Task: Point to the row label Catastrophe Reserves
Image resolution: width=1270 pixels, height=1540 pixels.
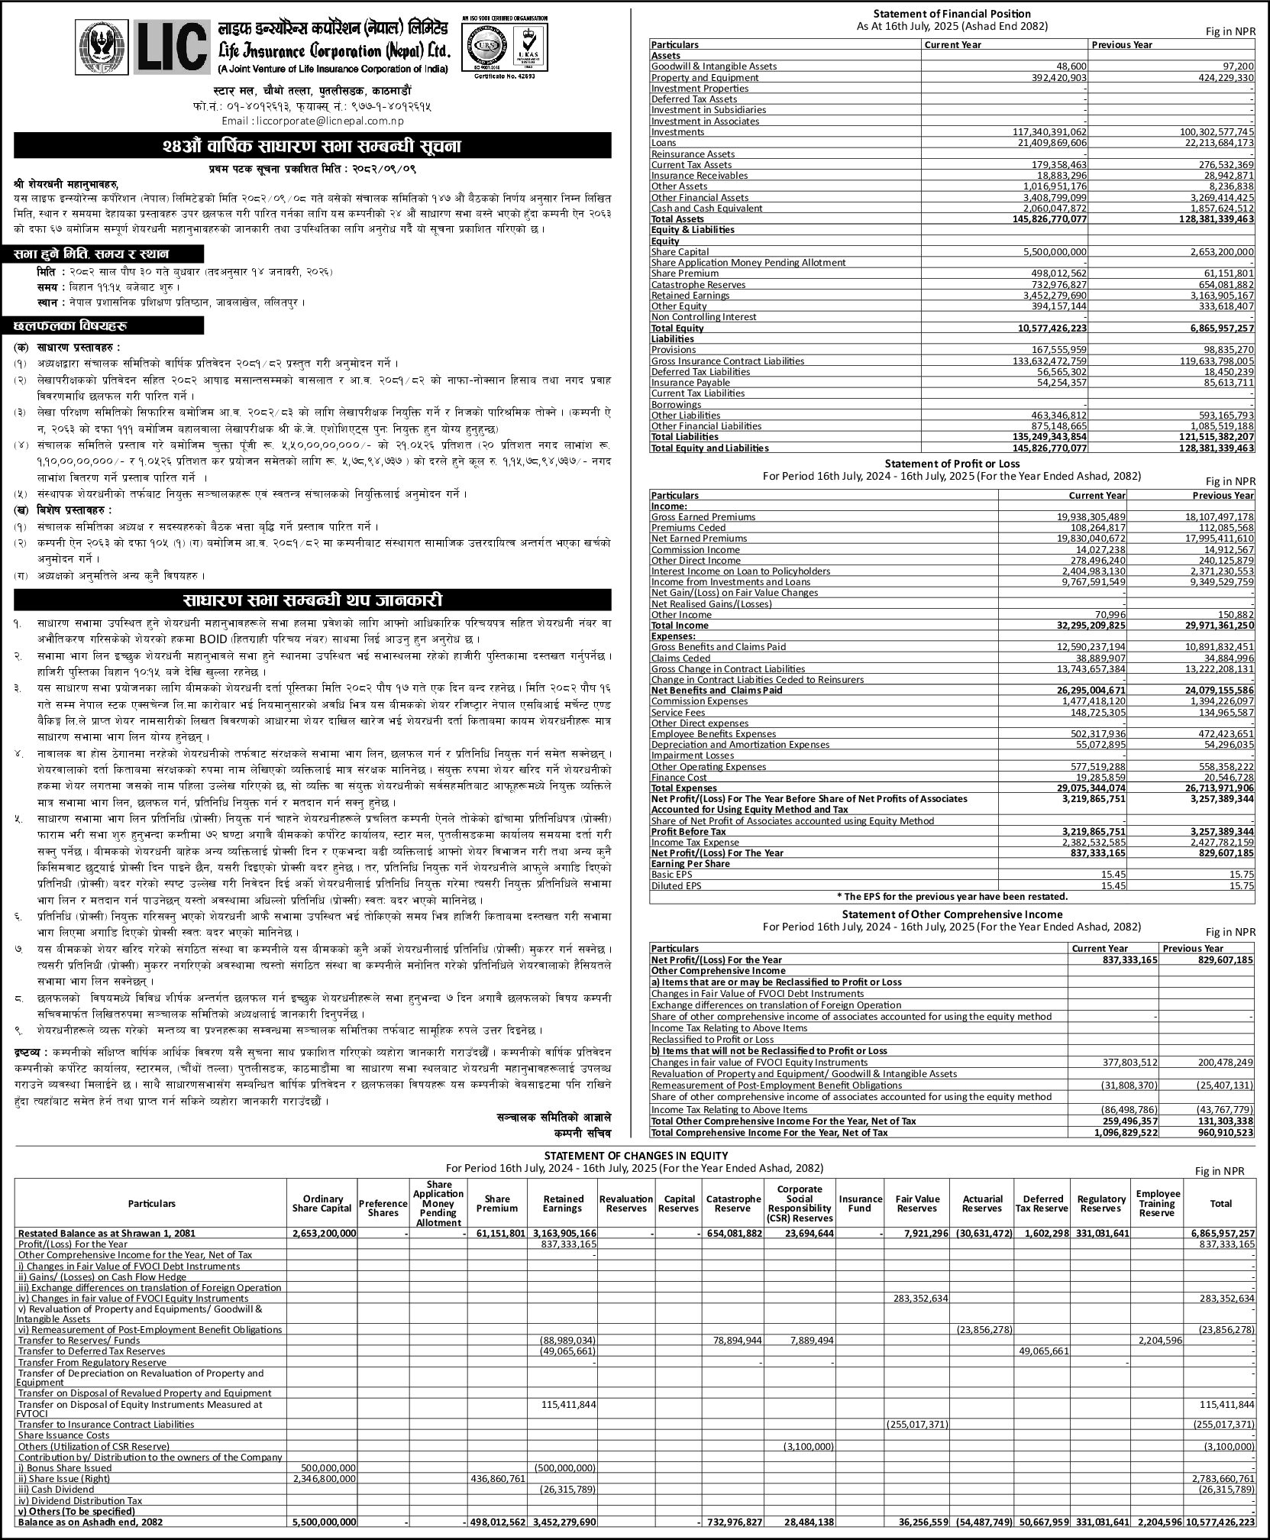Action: (687, 284)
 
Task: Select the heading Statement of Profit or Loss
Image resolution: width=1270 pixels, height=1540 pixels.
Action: (952, 463)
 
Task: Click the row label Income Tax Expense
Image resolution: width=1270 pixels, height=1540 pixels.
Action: (684, 842)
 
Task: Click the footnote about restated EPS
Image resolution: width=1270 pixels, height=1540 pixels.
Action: (952, 896)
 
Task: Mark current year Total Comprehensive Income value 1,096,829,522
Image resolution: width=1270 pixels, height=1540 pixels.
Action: (1114, 1132)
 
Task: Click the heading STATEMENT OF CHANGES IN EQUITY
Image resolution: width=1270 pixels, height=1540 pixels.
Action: (635, 1155)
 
